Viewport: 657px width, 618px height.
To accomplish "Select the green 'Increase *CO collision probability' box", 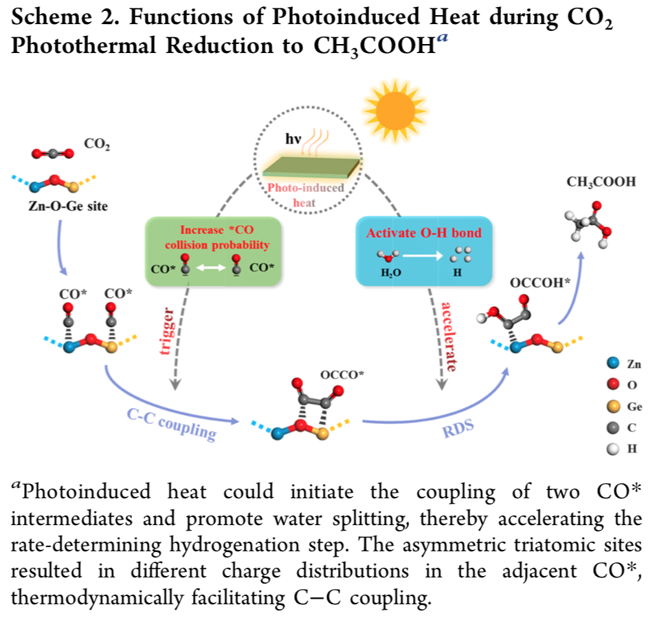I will tap(214, 251).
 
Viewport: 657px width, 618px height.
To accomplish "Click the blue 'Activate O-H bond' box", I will tap(423, 251).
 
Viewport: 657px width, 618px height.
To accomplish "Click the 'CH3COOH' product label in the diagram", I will tap(601, 182).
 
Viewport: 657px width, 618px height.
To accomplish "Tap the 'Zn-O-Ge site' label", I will tap(68, 206).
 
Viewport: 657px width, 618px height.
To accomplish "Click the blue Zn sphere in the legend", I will tap(614, 364).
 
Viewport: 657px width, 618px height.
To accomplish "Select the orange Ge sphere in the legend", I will tap(614, 407).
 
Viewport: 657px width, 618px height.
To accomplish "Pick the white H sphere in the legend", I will tap(614, 449).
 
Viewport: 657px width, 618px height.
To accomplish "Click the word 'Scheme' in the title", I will tap(54, 18).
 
